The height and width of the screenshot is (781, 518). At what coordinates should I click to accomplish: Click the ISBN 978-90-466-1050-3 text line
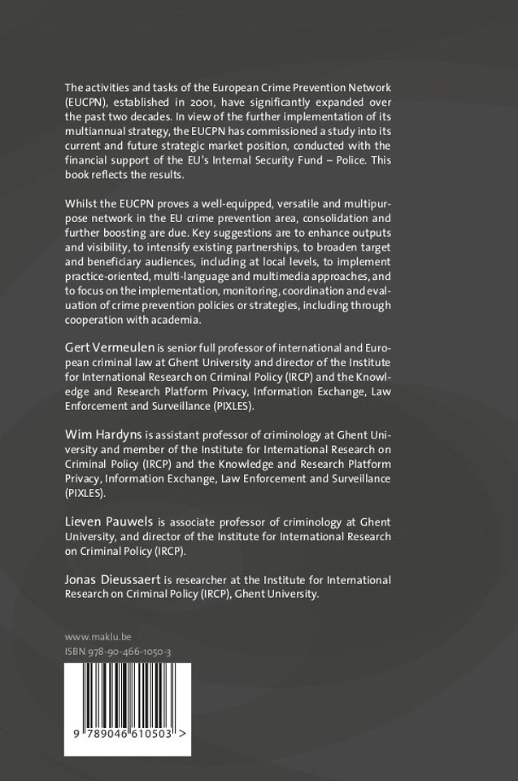[117, 652]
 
